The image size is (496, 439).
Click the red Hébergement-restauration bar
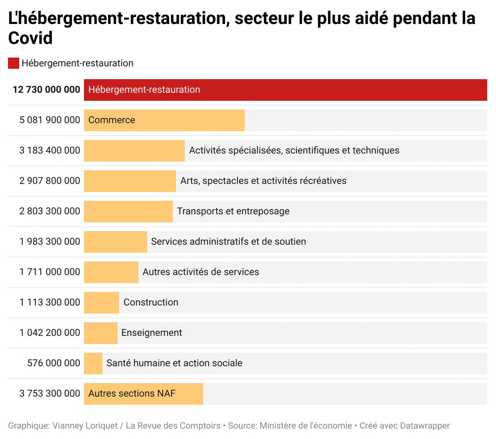tap(285, 90)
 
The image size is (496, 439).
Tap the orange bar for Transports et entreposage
tap(128, 211)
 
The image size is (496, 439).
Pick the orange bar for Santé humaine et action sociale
tap(93, 363)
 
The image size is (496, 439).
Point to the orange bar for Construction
tap(101, 303)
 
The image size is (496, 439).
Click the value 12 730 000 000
tap(46, 90)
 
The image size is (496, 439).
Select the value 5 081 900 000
tap(50, 120)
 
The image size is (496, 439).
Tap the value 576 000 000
tap(54, 363)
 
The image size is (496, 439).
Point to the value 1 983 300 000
tap(50, 242)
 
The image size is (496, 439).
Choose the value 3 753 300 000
tap(50, 394)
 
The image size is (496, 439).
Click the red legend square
tap(14, 63)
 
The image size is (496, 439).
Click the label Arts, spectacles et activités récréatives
tap(263, 181)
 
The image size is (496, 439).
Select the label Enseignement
tap(152, 333)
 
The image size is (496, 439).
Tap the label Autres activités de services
tap(201, 272)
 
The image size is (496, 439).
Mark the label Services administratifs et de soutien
tap(229, 242)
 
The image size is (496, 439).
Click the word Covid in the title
tap(31, 38)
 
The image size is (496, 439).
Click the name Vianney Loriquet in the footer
tap(85, 426)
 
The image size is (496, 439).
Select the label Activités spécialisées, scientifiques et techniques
tap(294, 151)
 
